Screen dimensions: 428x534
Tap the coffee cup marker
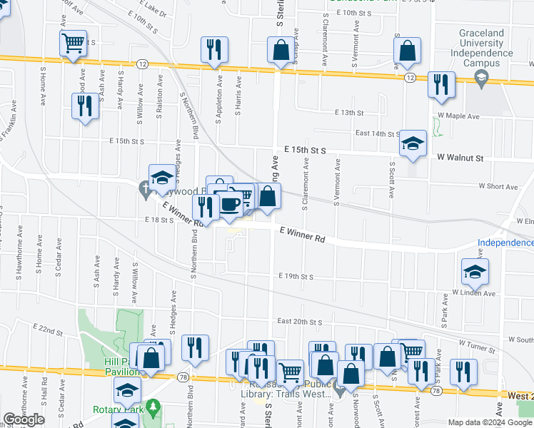[229, 204]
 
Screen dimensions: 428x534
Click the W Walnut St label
[460, 158]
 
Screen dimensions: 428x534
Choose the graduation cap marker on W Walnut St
[413, 143]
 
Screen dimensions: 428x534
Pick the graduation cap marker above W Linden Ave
[475, 271]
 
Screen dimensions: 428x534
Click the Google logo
[24, 419]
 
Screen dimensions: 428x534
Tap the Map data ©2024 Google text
[489, 422]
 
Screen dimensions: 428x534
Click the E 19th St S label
[296, 276]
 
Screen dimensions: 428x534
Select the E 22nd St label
[48, 329]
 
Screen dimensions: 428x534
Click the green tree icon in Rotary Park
[153, 407]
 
